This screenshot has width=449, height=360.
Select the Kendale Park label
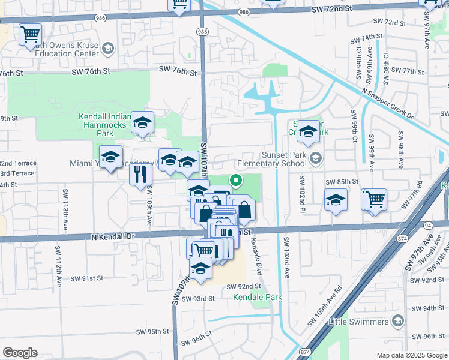pyautogui.click(x=258, y=297)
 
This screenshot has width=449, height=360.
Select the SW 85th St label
pyautogui.click(x=342, y=181)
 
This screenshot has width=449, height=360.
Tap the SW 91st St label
pyautogui.click(x=87, y=278)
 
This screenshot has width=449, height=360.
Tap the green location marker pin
pyautogui.click(x=237, y=179)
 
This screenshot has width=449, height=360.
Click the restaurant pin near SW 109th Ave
pyautogui.click(x=141, y=175)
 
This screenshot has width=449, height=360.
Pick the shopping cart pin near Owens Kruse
pyautogui.click(x=30, y=34)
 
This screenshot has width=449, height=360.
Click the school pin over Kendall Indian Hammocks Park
pyautogui.click(x=142, y=122)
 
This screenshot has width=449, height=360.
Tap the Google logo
pyautogui.click(x=20, y=353)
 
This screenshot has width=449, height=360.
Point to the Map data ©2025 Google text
pyautogui.click(x=411, y=355)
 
